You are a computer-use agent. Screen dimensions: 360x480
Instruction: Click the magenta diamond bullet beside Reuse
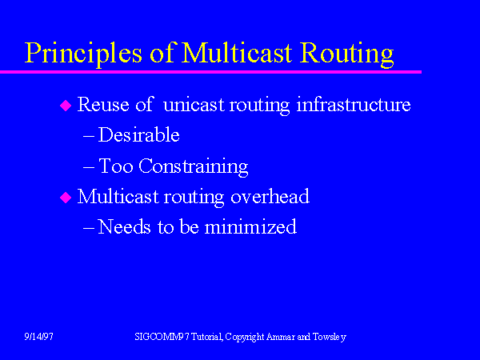[x=66, y=106]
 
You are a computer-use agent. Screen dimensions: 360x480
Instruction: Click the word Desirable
[x=138, y=135]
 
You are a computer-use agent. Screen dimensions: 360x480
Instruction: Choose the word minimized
[x=250, y=227]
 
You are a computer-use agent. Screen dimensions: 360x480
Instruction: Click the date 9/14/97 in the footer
[x=38, y=338]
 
